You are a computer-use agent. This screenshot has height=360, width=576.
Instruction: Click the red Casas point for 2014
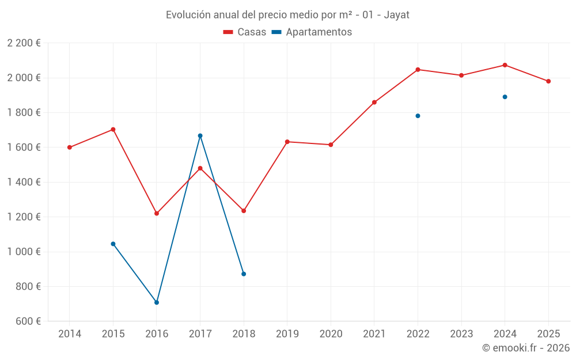[x=70, y=147]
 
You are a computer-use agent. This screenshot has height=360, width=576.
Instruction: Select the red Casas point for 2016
[x=157, y=214]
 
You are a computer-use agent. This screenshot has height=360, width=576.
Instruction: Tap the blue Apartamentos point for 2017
[x=200, y=136]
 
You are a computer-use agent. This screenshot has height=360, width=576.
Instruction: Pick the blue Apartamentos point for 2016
[x=157, y=302]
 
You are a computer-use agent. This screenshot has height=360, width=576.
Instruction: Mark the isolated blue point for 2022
[x=418, y=116]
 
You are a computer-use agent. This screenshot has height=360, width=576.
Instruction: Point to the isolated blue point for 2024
[x=505, y=97]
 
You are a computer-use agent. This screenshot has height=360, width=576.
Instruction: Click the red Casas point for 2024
[x=505, y=65]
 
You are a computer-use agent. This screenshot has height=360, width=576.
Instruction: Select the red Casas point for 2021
[x=374, y=103]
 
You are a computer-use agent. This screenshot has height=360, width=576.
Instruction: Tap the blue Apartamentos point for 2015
[x=113, y=244]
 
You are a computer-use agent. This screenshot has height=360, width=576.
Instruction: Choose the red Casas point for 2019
[x=287, y=142]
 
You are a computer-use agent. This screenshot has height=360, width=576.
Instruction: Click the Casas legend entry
[x=245, y=32]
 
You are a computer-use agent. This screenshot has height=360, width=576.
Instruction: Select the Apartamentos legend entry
[x=312, y=32]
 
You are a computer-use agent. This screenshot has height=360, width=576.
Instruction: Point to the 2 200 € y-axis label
[x=24, y=43]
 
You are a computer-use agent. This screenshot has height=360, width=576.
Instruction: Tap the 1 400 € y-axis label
[x=24, y=182]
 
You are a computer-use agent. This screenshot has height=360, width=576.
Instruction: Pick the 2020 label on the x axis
[x=331, y=334]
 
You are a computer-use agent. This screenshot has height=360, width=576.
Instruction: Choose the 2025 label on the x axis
[x=548, y=334]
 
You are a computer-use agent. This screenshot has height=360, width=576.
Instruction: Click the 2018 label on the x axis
[x=244, y=334]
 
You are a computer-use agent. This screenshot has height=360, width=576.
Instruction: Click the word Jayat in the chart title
[x=397, y=15]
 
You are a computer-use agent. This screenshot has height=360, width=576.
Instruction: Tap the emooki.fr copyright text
[x=525, y=348]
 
